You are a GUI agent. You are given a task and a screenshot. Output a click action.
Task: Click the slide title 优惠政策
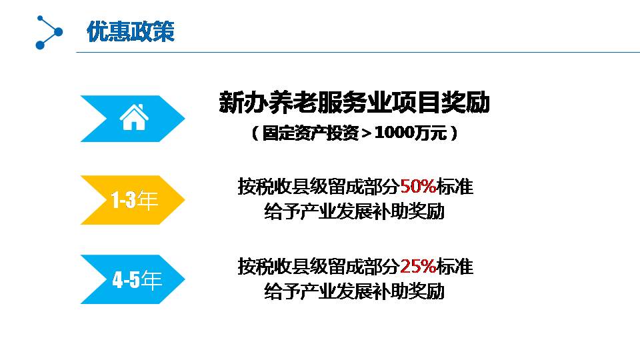click(131, 31)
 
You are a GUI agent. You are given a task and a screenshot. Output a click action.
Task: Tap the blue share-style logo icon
click(49, 32)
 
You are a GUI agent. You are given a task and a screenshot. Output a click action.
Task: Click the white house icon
click(134, 117)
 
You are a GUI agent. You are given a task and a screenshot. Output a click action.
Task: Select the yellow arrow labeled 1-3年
click(133, 200)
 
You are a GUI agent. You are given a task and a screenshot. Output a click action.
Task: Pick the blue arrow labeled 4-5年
click(133, 279)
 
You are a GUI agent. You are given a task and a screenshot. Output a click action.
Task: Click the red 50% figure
click(418, 187)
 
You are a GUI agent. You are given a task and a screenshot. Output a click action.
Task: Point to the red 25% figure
click(418, 267)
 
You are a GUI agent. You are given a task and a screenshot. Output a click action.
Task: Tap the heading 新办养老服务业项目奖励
click(354, 103)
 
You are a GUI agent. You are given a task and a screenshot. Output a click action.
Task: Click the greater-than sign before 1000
click(366, 133)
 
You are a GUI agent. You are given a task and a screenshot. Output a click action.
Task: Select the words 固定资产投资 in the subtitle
click(310, 133)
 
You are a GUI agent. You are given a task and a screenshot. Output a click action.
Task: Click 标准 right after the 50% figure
click(455, 187)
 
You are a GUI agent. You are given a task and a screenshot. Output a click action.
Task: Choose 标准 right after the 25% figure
click(455, 267)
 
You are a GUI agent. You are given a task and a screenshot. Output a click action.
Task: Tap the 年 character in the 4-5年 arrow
click(151, 280)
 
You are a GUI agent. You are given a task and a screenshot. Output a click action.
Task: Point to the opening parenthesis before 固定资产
click(255, 133)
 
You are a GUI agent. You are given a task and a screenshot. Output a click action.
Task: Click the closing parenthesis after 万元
click(453, 133)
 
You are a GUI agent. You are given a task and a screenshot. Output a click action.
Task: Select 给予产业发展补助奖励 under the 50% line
click(354, 211)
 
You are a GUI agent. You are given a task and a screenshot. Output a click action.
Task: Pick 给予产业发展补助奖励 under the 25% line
click(354, 291)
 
